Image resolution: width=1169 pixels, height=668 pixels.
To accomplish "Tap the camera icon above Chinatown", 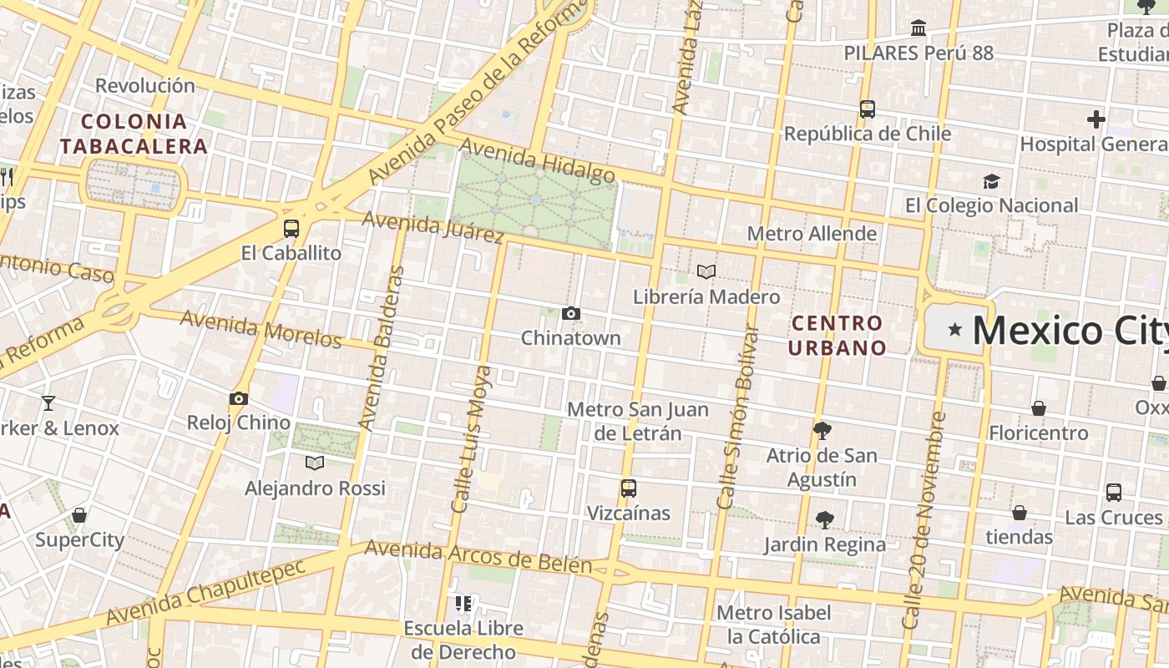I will click(571, 314).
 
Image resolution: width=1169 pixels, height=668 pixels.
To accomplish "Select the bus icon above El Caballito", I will click(291, 228).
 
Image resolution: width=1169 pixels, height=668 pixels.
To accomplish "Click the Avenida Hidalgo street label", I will click(537, 160).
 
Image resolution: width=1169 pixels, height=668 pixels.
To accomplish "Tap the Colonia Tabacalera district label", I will click(134, 134).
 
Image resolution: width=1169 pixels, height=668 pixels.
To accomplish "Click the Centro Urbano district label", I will click(837, 335).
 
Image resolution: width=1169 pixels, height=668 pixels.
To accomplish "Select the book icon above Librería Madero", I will click(706, 272).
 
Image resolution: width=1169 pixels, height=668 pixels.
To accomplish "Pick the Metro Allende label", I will click(812, 233).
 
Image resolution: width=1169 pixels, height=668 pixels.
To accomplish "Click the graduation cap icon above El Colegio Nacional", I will click(991, 181).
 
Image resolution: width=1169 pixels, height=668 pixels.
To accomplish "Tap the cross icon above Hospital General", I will click(1096, 119).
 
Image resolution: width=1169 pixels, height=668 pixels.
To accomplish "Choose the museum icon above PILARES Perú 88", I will click(918, 28).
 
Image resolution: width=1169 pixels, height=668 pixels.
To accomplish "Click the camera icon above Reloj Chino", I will click(239, 398).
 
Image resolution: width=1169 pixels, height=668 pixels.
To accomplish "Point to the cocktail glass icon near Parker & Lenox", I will click(48, 403).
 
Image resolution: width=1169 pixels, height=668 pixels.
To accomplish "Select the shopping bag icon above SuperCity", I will click(79, 515).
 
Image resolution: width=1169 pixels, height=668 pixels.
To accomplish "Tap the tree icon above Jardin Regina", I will click(824, 520).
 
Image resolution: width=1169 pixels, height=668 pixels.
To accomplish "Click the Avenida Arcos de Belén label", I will click(478, 557).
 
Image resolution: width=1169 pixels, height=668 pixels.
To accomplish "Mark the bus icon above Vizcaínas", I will click(629, 488).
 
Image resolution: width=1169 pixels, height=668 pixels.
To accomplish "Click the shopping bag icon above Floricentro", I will click(1039, 408).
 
